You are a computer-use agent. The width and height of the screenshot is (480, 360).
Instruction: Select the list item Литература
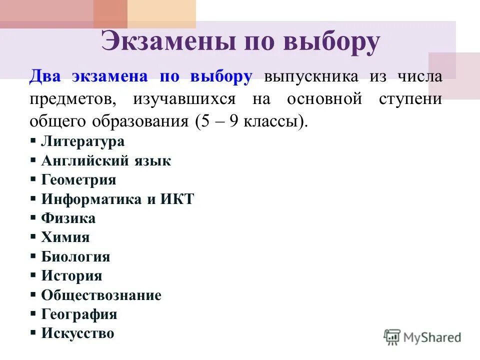coord(82,141)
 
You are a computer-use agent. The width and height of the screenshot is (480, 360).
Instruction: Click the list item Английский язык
coord(106,161)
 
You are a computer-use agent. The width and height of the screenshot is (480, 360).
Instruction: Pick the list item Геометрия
coord(78,180)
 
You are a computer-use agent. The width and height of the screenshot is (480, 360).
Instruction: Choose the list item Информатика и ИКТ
coord(117,199)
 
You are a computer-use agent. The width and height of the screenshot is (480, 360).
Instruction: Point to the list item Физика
coord(68,218)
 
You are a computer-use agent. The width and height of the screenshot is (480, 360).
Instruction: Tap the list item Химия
coord(65,237)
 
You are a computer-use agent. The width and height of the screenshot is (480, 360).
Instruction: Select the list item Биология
coord(75,257)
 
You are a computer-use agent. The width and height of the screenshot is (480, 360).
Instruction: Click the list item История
coord(71,276)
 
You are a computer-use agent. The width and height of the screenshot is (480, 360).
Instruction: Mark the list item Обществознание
coord(101,295)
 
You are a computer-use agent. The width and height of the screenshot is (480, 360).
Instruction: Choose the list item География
coord(79,314)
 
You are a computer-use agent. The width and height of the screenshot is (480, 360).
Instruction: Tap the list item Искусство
coord(77,333)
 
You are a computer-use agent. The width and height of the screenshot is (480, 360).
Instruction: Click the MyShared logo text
coord(432,337)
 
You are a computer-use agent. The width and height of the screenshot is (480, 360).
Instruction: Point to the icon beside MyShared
coord(392,337)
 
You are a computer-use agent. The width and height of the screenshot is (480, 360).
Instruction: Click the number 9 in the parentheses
coord(233,121)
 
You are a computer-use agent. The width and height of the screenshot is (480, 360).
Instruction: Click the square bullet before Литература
coord(33,141)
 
